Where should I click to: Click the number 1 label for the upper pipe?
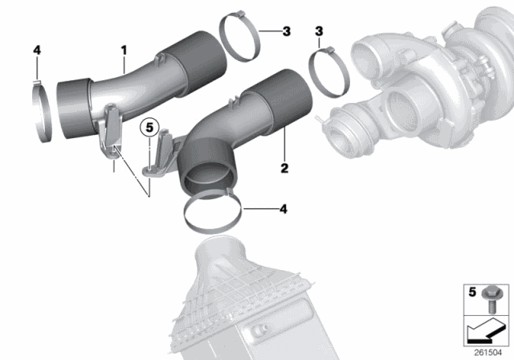point(124,50)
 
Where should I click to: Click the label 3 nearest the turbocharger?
point(319,31)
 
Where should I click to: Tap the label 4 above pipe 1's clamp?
point(35,50)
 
